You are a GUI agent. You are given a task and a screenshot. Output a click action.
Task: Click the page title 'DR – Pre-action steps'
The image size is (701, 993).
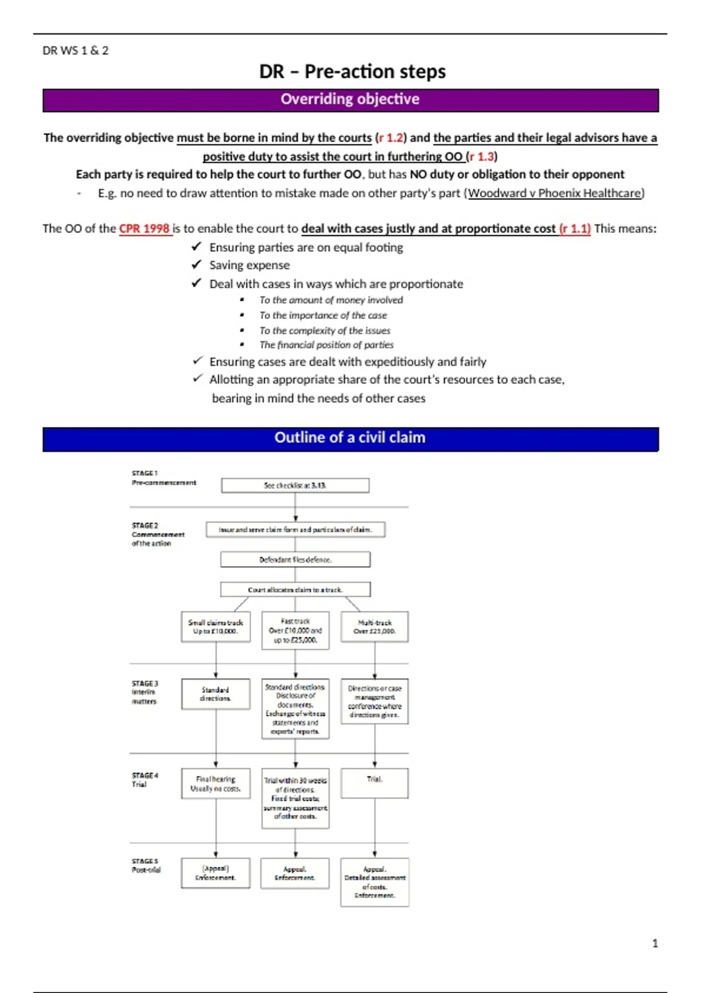pyautogui.click(x=352, y=71)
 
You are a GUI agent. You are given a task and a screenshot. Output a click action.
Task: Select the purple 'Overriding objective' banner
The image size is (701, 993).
pyautogui.click(x=350, y=99)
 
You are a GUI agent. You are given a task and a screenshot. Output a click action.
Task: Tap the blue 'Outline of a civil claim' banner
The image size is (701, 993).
pyautogui.click(x=350, y=438)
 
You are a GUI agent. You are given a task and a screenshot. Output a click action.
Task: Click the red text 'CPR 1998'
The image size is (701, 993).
pyautogui.click(x=144, y=228)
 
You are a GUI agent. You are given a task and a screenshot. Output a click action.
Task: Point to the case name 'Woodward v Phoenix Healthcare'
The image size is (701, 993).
pyautogui.click(x=555, y=193)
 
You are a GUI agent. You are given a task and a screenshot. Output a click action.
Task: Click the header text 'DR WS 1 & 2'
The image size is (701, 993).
pyautogui.click(x=75, y=51)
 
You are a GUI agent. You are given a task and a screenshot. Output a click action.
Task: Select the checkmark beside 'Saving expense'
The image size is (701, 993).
pyautogui.click(x=196, y=265)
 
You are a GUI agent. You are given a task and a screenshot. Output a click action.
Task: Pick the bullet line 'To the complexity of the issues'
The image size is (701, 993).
pyautogui.click(x=325, y=330)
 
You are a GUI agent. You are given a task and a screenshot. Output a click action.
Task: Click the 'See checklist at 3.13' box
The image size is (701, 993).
pyautogui.click(x=295, y=485)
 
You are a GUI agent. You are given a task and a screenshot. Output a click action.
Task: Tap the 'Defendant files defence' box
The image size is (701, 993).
pyautogui.click(x=295, y=560)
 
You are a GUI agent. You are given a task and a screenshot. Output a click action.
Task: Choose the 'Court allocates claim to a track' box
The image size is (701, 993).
pyautogui.click(x=295, y=590)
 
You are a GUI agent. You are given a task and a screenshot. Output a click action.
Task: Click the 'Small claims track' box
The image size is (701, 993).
pyautogui.click(x=216, y=627)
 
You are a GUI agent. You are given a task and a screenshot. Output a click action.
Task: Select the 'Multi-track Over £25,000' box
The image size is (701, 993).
pyautogui.click(x=374, y=627)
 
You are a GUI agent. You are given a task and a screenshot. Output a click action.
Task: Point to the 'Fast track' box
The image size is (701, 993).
pyautogui.click(x=295, y=631)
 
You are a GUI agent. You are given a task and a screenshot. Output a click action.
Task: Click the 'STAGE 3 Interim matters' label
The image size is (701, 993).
pyautogui.click(x=144, y=692)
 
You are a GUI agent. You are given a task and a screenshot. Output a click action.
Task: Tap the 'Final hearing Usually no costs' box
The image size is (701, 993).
pyautogui.click(x=216, y=784)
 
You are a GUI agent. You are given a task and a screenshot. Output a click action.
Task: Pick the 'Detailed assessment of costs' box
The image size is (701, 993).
pyautogui.click(x=374, y=882)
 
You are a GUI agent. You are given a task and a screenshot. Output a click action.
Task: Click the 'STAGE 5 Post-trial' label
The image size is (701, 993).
pyautogui.click(x=145, y=866)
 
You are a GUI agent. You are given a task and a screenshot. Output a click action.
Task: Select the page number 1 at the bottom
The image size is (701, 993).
pyautogui.click(x=655, y=943)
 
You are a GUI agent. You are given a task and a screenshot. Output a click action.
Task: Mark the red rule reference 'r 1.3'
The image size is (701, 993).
pyautogui.click(x=482, y=157)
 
